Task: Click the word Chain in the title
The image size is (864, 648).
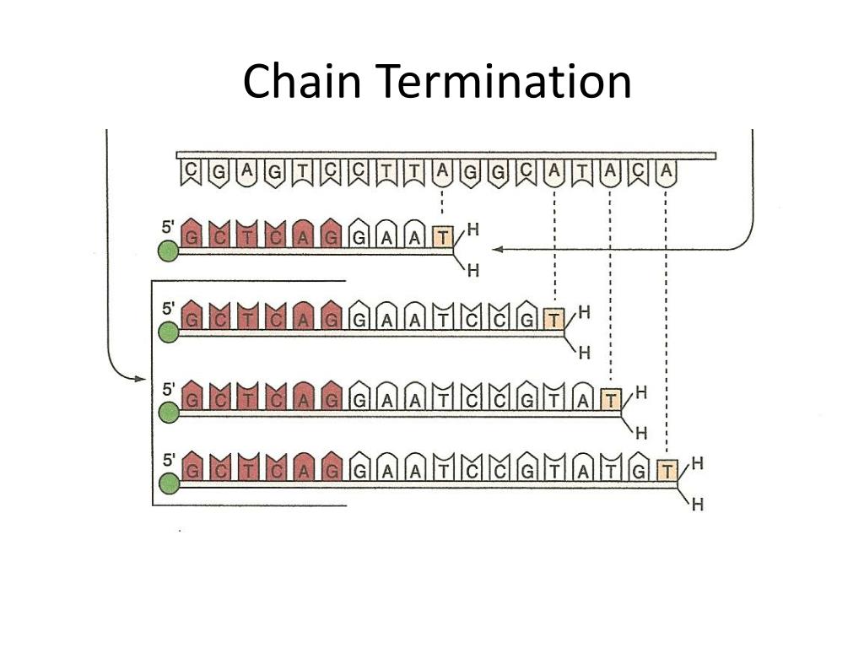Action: [304, 82]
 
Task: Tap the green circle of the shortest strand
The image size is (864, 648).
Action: [169, 251]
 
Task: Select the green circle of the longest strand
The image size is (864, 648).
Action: [169, 483]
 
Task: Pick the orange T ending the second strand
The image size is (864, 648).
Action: [553, 319]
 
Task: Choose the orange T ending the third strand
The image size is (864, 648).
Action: [611, 400]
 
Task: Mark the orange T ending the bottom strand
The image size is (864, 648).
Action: [667, 471]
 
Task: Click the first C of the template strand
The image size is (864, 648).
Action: [191, 172]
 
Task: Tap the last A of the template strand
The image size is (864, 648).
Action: [667, 172]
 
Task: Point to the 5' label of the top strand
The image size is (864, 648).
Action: [169, 227]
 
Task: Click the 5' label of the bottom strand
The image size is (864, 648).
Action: [169, 461]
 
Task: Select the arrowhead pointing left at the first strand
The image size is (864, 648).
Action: [498, 249]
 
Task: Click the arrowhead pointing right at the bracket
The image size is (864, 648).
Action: [141, 379]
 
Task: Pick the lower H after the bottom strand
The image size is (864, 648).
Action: [697, 505]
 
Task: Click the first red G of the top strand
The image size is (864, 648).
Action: [193, 237]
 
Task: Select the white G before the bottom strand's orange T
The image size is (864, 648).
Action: [639, 471]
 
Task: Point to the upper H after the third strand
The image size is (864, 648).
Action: [641, 392]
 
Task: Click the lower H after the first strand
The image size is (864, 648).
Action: [473, 271]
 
